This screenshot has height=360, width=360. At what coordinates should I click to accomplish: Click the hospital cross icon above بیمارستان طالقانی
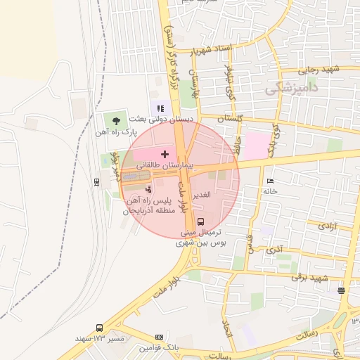(165, 154)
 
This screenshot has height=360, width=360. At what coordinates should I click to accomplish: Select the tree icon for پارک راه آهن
(116, 121)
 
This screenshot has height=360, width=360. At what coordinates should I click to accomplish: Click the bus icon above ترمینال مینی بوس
(202, 222)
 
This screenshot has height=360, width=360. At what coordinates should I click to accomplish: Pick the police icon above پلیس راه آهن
(148, 189)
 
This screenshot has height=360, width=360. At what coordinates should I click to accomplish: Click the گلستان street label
(230, 119)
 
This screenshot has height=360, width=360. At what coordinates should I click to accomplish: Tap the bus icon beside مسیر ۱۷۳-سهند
(99, 328)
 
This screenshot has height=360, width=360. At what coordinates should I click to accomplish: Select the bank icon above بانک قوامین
(159, 337)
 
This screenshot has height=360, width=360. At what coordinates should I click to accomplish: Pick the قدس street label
(250, 243)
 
